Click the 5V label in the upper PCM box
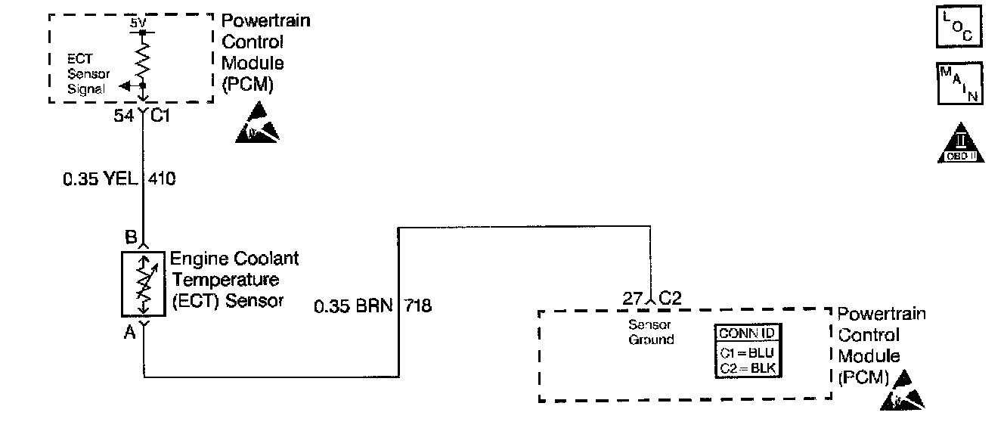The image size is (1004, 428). [137, 23]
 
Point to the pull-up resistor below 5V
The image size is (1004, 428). [142, 58]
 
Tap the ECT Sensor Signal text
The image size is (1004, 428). [89, 73]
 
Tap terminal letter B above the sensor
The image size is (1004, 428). [130, 235]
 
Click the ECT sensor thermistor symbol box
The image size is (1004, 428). [142, 284]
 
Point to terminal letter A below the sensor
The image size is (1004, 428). [129, 331]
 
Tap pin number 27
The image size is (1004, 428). [633, 298]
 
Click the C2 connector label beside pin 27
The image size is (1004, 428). [671, 298]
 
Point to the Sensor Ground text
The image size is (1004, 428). [650, 333]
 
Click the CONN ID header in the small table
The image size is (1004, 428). [748, 333]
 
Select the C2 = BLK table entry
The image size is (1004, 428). [748, 368]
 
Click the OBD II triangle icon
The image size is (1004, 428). [959, 144]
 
